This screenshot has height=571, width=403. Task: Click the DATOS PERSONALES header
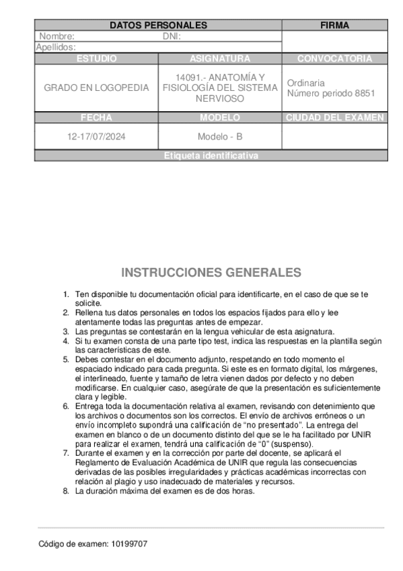(158, 26)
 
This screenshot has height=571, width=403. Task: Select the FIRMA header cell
(334, 26)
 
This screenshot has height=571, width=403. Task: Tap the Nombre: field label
(57, 36)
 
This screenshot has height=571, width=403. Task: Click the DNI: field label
(172, 36)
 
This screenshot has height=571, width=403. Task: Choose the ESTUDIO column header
(96, 59)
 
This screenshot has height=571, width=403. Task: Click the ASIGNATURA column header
(220, 59)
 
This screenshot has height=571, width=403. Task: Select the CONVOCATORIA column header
(334, 59)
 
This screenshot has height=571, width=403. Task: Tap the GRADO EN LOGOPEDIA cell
(96, 88)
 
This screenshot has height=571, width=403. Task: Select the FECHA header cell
(96, 117)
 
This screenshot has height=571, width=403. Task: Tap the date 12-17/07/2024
(96, 137)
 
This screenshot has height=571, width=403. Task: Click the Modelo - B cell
(220, 137)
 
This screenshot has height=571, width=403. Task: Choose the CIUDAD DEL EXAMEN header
(334, 117)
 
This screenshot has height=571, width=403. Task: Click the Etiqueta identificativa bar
(211, 156)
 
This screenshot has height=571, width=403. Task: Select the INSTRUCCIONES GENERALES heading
(211, 273)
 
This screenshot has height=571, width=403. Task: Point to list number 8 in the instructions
(66, 491)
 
